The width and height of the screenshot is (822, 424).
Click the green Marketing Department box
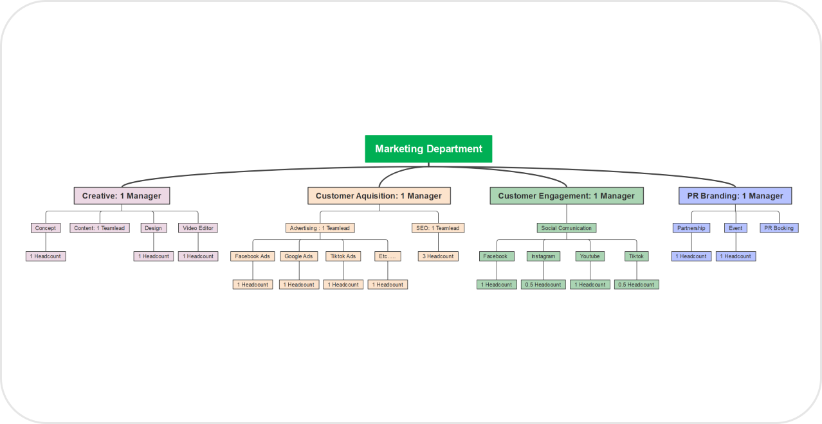pos(428,148)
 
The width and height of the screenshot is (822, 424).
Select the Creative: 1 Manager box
pos(122,196)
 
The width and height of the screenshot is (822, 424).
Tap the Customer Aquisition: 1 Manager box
pos(379,196)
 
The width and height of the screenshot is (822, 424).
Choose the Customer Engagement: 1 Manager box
pos(566,196)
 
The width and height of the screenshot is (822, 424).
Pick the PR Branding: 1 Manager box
pos(735,196)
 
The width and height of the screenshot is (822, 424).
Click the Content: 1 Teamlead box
pos(100,228)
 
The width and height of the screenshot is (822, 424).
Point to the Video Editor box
pos(198,228)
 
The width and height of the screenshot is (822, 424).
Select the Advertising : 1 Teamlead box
pos(320,228)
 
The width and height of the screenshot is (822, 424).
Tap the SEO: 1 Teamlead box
pos(438,228)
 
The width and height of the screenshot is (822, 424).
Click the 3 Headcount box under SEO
pos(438,256)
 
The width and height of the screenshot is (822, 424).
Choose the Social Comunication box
pos(567,228)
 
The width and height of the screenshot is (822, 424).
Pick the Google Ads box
pos(299,256)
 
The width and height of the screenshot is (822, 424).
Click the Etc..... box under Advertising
pos(388,256)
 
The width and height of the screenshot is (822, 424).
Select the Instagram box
pos(543,256)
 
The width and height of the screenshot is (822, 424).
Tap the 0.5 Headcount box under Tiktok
pos(636,285)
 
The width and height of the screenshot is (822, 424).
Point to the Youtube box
pos(590,256)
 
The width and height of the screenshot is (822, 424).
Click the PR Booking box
pos(779,228)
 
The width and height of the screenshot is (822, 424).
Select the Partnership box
pos(691,228)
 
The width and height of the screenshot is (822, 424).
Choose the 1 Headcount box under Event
pos(736,256)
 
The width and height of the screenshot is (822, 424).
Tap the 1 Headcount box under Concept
pos(46,256)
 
